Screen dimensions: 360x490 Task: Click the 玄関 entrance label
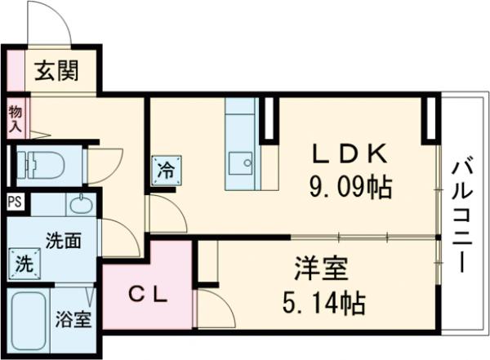pos(56,73)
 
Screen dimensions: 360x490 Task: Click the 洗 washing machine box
pos(24,264)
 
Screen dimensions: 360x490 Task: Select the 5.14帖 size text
pos(325,304)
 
